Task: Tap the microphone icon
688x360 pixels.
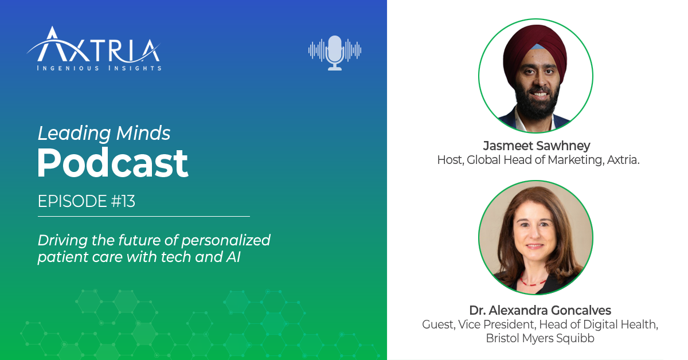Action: tap(335, 52)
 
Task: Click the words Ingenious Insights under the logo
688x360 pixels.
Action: tap(99, 68)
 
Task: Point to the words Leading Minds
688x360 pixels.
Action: tap(104, 134)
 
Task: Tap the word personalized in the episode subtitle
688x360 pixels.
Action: tap(228, 240)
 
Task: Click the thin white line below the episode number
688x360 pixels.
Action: tap(143, 216)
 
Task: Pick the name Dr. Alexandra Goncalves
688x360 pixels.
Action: tap(540, 311)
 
